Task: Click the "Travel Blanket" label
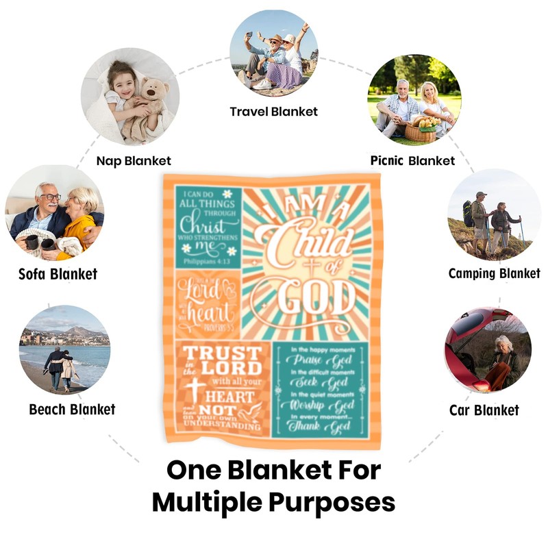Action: (x=273, y=112)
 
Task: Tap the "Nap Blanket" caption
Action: (x=134, y=161)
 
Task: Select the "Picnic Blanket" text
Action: (x=412, y=161)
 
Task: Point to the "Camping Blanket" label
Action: (x=494, y=273)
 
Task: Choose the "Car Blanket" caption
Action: (x=484, y=410)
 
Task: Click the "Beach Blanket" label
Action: (x=72, y=410)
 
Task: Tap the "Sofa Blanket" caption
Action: (x=58, y=274)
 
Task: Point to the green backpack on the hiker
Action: (x=469, y=213)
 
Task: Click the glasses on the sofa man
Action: (x=50, y=197)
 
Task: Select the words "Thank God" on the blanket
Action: (x=325, y=427)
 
